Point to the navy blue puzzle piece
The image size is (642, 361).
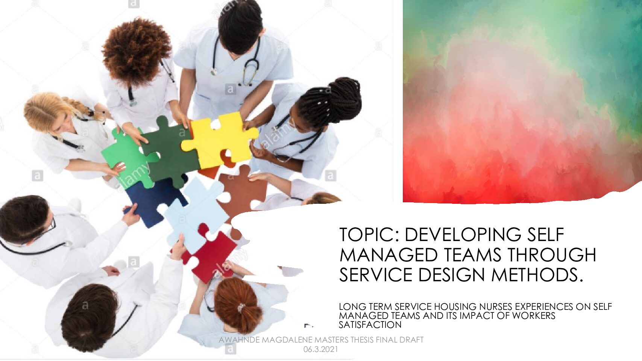pos(152,200)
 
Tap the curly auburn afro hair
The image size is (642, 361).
pos(136,50)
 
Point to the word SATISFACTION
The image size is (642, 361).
pos(370,325)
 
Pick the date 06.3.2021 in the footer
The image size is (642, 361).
pos(321,349)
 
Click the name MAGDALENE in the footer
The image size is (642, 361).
pos(287,340)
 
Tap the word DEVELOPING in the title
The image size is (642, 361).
pos(463,235)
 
